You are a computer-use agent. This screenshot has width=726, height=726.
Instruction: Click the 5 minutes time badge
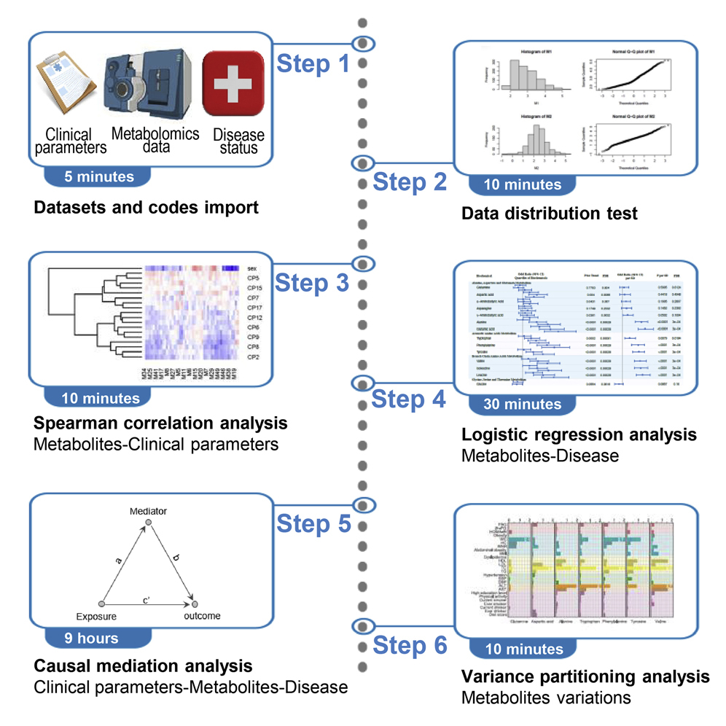[x=98, y=176]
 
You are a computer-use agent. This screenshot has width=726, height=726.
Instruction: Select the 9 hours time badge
[x=90, y=639]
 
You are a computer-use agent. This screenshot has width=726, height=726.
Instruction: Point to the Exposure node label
[x=97, y=617]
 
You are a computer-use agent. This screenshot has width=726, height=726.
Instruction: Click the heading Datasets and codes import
[x=146, y=208]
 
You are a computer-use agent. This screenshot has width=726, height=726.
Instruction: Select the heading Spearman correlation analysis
[x=160, y=423]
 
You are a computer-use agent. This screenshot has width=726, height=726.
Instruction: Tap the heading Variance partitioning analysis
[x=585, y=676]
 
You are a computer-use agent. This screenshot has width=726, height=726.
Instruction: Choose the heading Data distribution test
[x=550, y=214]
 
